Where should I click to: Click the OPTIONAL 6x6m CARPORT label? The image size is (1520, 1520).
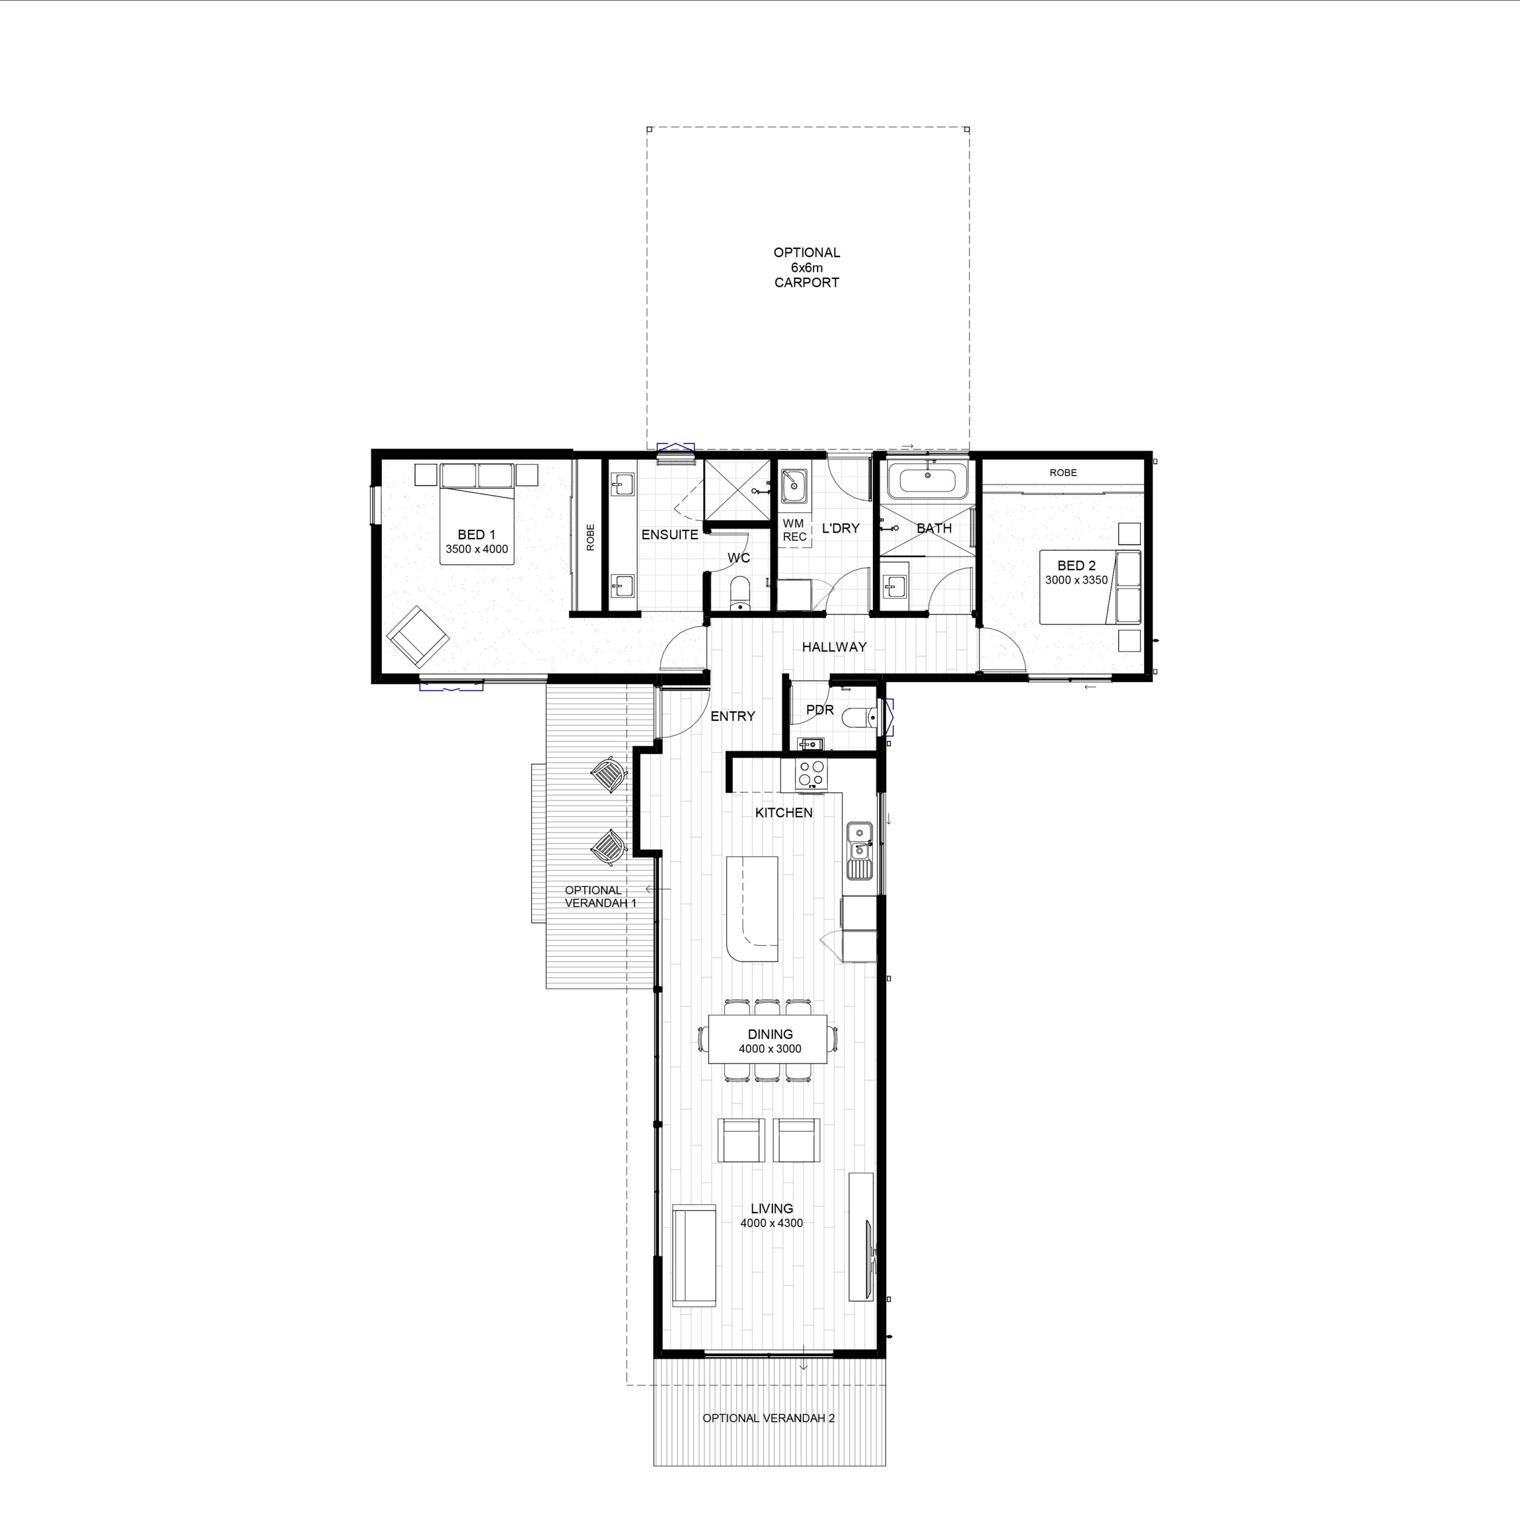pyautogui.click(x=806, y=268)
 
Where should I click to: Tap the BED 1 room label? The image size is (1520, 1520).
pyautogui.click(x=477, y=534)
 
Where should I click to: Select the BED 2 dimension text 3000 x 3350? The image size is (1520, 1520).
pyautogui.click(x=1076, y=580)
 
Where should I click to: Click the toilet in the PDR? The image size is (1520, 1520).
pyautogui.click(x=859, y=717)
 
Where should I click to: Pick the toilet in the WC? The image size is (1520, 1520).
pyautogui.click(x=740, y=593)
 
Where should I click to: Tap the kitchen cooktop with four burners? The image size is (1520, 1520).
pyautogui.click(x=812, y=774)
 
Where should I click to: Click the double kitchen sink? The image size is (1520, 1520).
pyautogui.click(x=859, y=850)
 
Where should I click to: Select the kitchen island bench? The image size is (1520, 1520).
pyautogui.click(x=752, y=908)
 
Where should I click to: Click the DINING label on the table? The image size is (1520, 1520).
pyautogui.click(x=770, y=1034)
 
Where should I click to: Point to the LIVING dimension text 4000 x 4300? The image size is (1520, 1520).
pyautogui.click(x=772, y=1223)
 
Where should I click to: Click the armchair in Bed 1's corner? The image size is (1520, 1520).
pyautogui.click(x=418, y=636)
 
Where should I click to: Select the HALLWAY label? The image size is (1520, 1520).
pyautogui.click(x=834, y=647)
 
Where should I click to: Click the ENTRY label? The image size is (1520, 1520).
pyautogui.click(x=733, y=716)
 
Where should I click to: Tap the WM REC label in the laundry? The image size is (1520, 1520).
pyautogui.click(x=794, y=530)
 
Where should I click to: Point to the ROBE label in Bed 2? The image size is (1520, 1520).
pyautogui.click(x=1063, y=473)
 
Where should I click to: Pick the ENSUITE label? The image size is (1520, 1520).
pyautogui.click(x=670, y=534)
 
